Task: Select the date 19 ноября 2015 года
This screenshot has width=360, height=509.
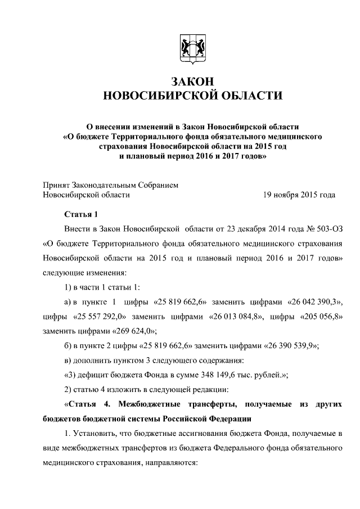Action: coord(299,195)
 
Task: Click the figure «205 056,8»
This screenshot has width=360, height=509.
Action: coord(316,316)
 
